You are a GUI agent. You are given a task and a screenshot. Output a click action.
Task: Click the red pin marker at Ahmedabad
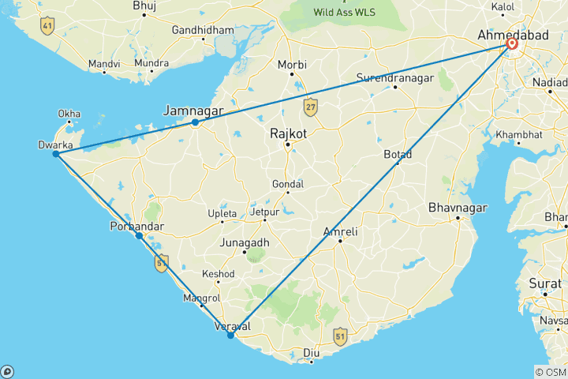512,44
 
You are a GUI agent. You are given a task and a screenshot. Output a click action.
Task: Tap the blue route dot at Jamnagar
195,122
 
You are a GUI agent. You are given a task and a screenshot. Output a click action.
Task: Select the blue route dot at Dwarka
56,154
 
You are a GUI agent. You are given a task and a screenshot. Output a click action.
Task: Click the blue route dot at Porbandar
139,235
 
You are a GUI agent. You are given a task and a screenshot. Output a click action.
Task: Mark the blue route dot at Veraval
230,336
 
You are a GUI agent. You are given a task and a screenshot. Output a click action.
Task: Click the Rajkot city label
289,133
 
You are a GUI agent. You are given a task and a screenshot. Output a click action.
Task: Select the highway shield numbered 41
47,25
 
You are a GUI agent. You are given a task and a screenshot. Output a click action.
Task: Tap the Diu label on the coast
312,352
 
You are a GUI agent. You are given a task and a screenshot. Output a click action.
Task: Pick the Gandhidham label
204,30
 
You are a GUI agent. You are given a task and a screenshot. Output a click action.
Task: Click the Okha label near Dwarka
69,113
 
